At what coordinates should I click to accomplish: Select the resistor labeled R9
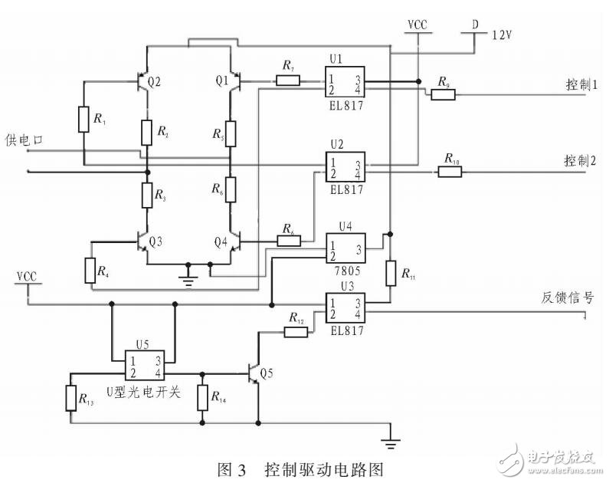pyautogui.click(x=444, y=94)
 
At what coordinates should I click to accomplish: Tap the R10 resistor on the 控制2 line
pyautogui.click(x=450, y=171)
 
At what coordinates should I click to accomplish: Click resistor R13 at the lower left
pyautogui.click(x=70, y=398)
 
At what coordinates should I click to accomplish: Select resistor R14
pyautogui.click(x=202, y=398)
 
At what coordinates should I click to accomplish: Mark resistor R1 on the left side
pyautogui.click(x=83, y=120)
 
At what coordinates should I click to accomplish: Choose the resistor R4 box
pyautogui.click(x=91, y=270)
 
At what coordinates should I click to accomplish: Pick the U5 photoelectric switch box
pyautogui.click(x=144, y=367)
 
